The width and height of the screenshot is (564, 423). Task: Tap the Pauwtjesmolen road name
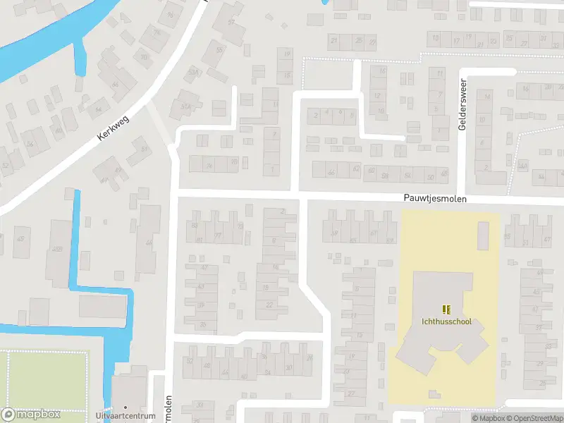[436, 200]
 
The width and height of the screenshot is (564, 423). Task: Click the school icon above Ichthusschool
[446, 309]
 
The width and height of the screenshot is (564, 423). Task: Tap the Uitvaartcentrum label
[125, 417]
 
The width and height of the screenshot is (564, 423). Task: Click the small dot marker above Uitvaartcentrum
[125, 407]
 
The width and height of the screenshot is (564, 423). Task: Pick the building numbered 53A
[193, 72]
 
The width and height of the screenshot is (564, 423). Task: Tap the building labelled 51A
[185, 106]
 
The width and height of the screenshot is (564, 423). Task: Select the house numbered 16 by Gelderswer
[525, 89]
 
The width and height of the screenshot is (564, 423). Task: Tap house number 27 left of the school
[352, 393]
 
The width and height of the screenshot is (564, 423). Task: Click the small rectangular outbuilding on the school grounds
[483, 235]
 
